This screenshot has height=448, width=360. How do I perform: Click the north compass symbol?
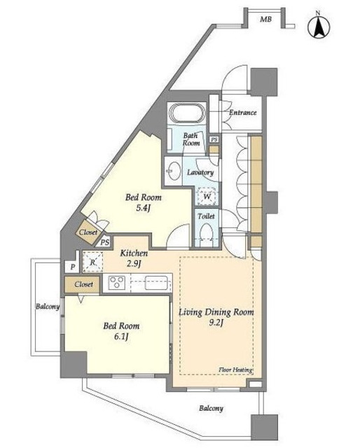tap(319, 26)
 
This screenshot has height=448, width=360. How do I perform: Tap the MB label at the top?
tap(265, 20)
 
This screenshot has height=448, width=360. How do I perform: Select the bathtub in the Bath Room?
tap(187, 113)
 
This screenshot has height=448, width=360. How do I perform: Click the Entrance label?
tap(242, 113)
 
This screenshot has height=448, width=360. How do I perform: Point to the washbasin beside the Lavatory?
tap(174, 171)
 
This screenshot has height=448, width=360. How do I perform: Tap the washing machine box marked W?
tap(207, 196)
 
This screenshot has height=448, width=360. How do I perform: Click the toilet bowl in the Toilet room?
tap(206, 232)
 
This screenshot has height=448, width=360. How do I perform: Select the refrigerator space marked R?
tap(92, 262)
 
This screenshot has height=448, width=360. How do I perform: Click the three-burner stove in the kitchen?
tap(117, 282)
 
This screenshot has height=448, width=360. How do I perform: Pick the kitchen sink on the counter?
tap(156, 282)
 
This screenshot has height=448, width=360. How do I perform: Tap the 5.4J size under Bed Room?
tap(144, 208)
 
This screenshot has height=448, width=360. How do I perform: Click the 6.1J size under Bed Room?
tap(121, 337)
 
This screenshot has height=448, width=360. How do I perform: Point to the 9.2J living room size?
tap(216, 323)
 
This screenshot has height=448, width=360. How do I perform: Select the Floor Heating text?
tap(235, 370)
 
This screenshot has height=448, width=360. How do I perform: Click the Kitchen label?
tap(134, 253)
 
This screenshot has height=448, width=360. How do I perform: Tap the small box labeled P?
tap(73, 267)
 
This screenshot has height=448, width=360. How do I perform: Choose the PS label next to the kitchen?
tap(105, 242)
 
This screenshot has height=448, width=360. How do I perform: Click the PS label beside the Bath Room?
tap(214, 139)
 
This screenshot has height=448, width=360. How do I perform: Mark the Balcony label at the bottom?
tap(211, 409)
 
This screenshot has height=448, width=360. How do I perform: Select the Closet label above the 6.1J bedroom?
tap(84, 284)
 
